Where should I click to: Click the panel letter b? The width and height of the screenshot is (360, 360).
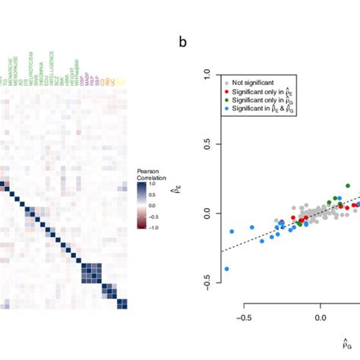(x=183, y=42)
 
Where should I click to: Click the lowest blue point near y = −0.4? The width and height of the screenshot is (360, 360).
(x=226, y=269)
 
